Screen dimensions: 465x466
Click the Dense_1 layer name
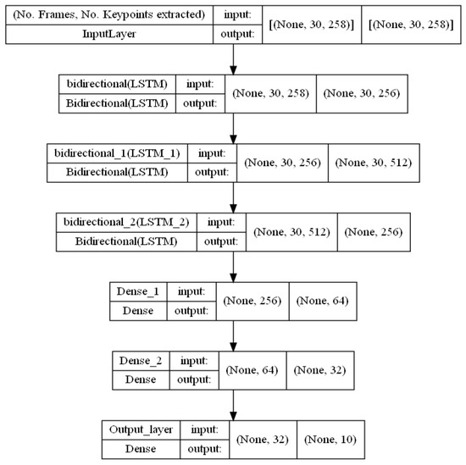click(137, 291)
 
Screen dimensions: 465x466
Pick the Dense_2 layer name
click(139, 360)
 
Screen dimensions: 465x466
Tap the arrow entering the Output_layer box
click(233, 407)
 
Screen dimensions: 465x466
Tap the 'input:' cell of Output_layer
click(204, 429)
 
